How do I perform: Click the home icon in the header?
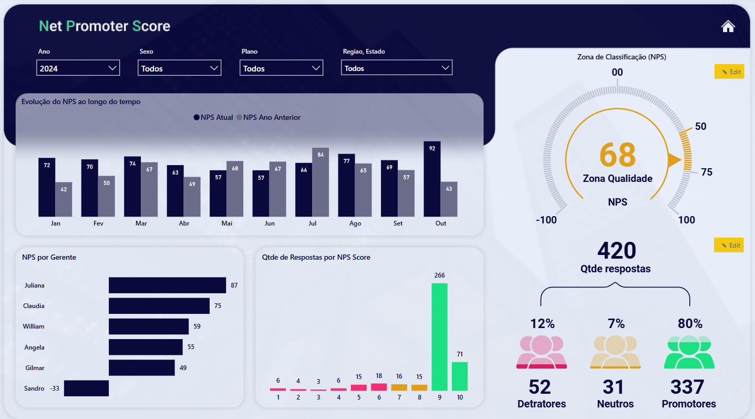coord(728,26)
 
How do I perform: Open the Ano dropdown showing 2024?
coord(78,68)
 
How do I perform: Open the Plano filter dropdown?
coord(281,68)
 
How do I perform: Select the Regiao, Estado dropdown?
coord(396,68)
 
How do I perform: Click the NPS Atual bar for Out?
coord(432,179)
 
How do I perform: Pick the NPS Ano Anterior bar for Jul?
coord(320,182)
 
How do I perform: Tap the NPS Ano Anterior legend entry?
coord(269,117)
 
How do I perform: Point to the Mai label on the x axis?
coord(227,223)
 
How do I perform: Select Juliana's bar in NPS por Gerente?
coord(167,285)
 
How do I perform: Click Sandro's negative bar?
coord(86,388)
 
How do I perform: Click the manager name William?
coord(34,326)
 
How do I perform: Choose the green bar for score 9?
coord(439,337)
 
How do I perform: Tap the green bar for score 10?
coord(460,376)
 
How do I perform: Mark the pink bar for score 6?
coord(379,387)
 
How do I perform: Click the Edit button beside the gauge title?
coord(729,71)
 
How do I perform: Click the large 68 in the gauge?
coord(617,155)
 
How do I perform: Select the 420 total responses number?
coord(617,251)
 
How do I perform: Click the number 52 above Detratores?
coord(540,387)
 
